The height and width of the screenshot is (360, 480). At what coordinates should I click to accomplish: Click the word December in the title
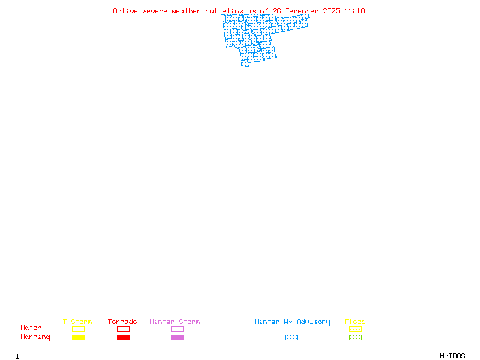pos(302,11)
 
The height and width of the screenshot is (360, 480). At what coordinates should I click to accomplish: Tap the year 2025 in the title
pos(331,11)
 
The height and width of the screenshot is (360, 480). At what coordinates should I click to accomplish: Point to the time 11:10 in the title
pos(355,11)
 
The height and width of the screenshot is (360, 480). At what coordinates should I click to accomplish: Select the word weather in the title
pos(186,11)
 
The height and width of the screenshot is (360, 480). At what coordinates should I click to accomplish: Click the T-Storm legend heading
pos(77,322)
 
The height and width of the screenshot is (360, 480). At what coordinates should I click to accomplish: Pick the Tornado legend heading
pos(122,322)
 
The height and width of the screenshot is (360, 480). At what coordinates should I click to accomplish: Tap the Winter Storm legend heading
pos(175,322)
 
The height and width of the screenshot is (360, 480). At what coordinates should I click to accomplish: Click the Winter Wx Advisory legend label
pos(292,322)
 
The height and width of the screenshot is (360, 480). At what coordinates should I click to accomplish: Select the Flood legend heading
pos(355,322)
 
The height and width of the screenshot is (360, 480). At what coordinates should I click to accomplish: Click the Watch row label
pos(31,328)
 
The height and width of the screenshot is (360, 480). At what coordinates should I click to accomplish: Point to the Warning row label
pos(35,337)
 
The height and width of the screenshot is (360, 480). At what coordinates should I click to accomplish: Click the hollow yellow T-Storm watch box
pos(79,329)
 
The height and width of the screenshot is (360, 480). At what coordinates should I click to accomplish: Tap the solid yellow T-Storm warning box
pos(79,337)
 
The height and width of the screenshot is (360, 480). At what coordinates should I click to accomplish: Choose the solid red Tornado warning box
pos(124,337)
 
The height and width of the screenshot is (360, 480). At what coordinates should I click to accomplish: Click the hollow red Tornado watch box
pos(124,329)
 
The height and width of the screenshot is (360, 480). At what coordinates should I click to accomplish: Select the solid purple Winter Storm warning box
pos(177,337)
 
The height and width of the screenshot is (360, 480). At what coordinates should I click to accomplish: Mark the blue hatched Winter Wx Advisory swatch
pos(291,337)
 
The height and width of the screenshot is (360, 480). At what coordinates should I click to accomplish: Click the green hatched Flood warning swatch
pos(355,337)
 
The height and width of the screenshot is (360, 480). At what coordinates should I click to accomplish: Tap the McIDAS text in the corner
pos(452,356)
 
